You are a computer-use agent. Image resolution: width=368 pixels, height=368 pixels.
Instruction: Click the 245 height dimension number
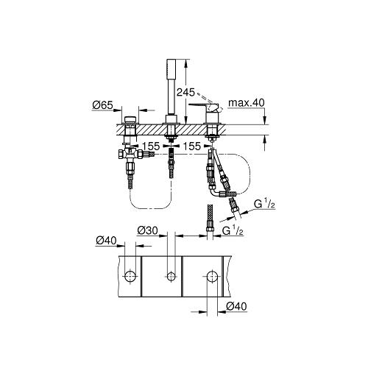coord(185,92)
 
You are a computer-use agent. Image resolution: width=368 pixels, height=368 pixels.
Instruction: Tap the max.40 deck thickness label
coord(247,102)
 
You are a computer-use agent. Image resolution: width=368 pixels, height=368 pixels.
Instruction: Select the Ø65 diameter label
coord(102,105)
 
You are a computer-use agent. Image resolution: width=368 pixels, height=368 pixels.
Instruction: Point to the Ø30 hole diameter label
coord(147,230)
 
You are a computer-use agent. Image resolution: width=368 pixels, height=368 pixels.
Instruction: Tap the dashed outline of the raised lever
coord(210,102)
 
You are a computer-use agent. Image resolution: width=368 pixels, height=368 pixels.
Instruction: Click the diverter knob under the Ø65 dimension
coord(130,120)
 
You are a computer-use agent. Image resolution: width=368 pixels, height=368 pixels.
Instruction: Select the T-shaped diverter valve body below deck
coord(130,154)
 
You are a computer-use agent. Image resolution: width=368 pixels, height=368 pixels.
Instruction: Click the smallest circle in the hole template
coord(171,276)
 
